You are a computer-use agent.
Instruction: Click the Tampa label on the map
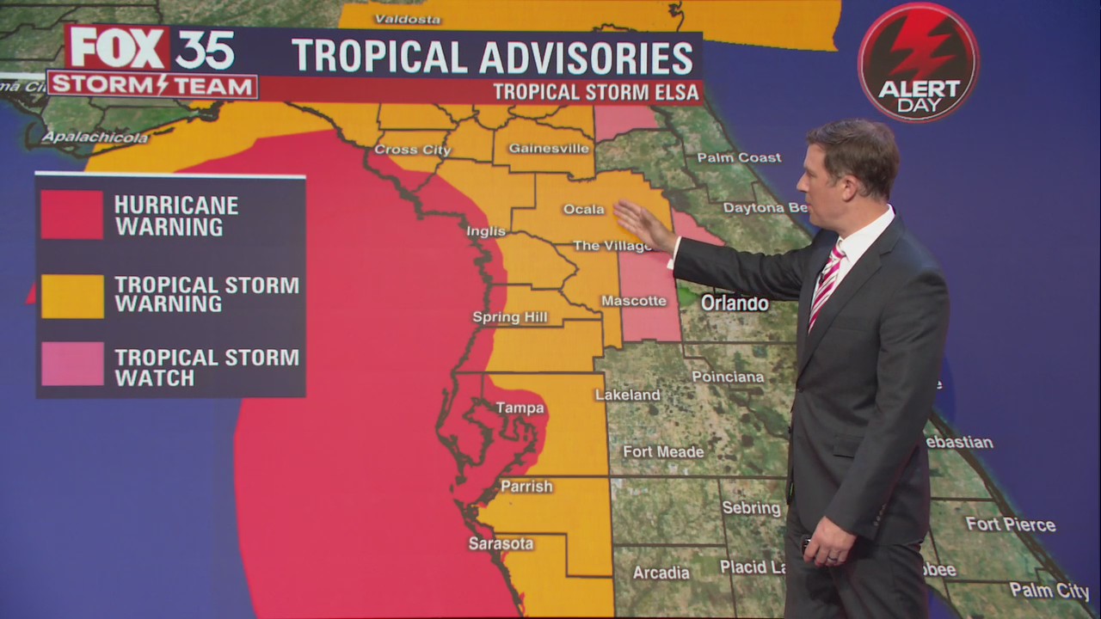coord(520,408)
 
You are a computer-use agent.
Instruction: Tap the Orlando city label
coord(734,303)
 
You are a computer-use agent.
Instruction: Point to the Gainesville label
coord(549,148)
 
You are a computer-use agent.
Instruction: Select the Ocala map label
coord(583,209)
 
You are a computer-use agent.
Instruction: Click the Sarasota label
coord(501,543)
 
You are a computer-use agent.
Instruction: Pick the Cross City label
coord(413,150)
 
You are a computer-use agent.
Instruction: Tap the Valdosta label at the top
coord(407,19)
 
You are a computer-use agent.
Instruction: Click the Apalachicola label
coord(95,137)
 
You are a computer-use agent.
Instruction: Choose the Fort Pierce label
coord(1010,524)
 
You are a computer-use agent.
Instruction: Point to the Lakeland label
coord(627,395)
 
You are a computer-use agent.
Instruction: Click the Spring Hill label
coord(509,317)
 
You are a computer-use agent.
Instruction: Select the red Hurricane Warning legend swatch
coord(71,214)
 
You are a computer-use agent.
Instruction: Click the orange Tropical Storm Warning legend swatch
coord(71,296)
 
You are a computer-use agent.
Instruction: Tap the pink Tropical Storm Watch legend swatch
coord(71,364)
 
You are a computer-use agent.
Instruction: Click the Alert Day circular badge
coord(918,62)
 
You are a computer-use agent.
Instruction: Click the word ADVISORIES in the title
coord(586,57)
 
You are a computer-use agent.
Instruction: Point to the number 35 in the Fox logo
coord(205,49)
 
